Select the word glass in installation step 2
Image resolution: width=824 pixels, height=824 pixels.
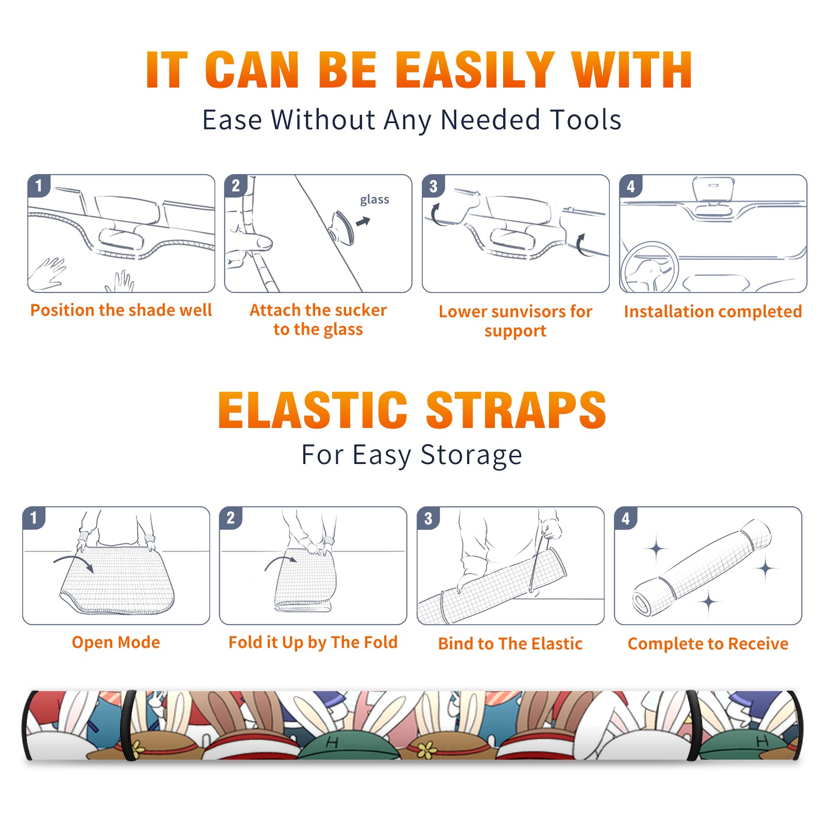pos(374,199)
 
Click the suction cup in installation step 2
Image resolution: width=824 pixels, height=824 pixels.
pos(341,227)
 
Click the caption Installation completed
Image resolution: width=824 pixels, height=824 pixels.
pos(713,312)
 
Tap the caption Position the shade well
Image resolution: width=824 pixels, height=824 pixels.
pos(121,310)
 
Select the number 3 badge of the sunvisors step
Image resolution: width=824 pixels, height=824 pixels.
pos(433,186)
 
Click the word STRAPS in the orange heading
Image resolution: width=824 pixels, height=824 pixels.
pos(516,410)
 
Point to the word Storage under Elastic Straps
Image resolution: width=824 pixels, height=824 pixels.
pos(471,455)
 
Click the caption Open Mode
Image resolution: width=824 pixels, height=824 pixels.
pos(116,642)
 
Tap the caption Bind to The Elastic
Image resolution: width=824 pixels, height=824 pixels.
pos(510,644)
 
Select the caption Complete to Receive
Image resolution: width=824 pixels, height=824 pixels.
pos(708,644)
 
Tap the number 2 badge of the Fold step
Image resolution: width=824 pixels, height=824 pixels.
pos(231,518)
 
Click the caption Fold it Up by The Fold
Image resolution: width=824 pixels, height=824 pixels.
pos(313,642)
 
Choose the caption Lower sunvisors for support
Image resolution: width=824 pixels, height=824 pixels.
pos(516,321)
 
